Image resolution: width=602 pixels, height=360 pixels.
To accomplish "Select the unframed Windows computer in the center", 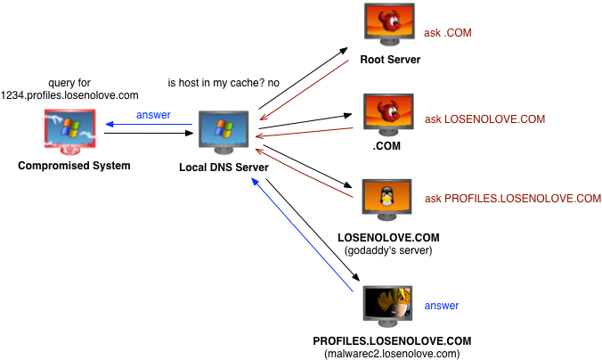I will (224, 130).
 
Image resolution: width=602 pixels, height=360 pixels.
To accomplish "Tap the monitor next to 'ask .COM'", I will (389, 22).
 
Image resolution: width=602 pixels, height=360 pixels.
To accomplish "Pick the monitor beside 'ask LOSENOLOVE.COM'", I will (387, 112).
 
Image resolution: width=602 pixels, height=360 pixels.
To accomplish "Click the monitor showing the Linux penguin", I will (386, 197).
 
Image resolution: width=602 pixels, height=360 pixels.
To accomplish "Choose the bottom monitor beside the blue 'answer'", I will (387, 304).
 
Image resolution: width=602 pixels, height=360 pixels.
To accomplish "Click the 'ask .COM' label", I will (447, 33).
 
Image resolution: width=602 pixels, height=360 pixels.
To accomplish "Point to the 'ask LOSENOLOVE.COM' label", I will (484, 119).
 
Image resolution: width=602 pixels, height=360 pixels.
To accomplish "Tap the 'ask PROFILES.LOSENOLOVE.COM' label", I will (512, 198).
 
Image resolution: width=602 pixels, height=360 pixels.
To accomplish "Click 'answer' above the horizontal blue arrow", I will (153, 115).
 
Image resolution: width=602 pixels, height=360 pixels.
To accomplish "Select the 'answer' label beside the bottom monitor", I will (442, 306).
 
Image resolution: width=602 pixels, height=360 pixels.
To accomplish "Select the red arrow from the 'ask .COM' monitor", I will (305, 89).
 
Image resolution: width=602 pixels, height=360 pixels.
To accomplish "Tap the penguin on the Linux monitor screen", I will (386, 195).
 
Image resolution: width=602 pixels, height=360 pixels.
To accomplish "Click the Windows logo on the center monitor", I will (224, 127).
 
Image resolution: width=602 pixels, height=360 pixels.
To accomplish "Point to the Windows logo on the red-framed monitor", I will (69, 127).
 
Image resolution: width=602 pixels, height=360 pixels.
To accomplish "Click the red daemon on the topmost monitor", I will (389, 20).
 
